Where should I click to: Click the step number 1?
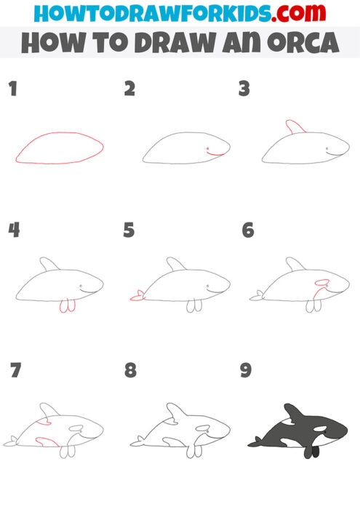[12, 89]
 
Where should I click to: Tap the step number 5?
[129, 231]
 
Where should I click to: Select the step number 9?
[246, 371]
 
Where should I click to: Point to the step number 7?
[15, 371]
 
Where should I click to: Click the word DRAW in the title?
[177, 44]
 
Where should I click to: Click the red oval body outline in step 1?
[60, 134]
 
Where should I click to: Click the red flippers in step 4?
[66, 308]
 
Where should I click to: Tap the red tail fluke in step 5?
[136, 295]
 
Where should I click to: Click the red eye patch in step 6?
[321, 282]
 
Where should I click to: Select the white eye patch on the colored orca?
[324, 428]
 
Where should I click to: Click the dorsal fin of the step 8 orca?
[175, 412]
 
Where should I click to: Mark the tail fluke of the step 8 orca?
[137, 441]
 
